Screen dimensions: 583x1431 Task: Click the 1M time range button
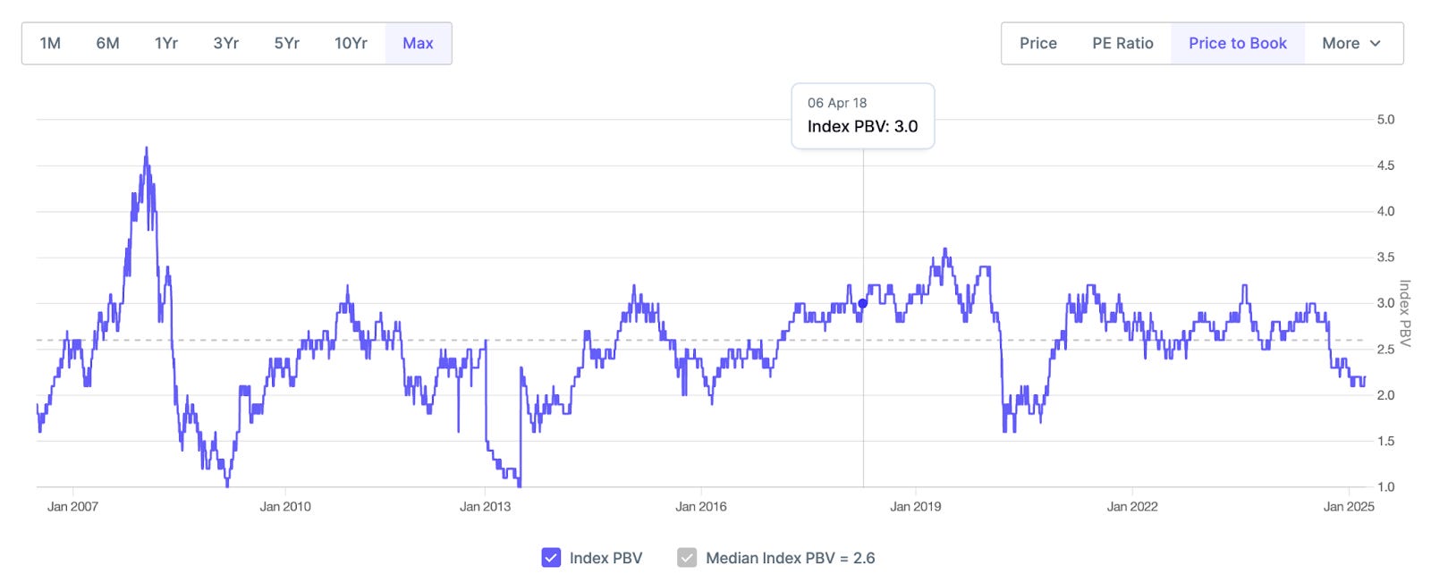tap(50, 43)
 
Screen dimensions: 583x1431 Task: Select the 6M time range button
tap(107, 43)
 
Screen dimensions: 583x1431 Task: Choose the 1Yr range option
tap(166, 43)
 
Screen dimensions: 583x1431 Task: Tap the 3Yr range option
tap(225, 43)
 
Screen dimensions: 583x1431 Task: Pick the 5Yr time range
tap(286, 43)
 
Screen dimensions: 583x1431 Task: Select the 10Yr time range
tap(351, 43)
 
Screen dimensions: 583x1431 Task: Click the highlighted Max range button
tap(418, 43)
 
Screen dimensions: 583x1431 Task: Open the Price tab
tap(1037, 43)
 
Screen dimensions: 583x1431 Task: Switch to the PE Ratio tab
tap(1122, 43)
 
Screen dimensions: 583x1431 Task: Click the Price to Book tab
tap(1237, 43)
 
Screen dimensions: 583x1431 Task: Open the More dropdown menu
tap(1351, 43)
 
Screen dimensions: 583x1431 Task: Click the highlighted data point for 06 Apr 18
tap(862, 303)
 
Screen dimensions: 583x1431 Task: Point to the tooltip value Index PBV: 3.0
tap(862, 126)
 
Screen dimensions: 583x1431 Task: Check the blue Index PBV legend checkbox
tap(551, 558)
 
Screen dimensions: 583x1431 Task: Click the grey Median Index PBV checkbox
tap(687, 558)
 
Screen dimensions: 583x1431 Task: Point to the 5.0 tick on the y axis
tap(1385, 120)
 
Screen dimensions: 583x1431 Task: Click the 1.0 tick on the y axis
tap(1385, 487)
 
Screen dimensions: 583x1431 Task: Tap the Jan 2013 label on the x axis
tap(485, 506)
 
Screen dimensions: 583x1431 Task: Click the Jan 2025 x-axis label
tap(1349, 506)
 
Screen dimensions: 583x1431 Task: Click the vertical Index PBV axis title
tap(1404, 314)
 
